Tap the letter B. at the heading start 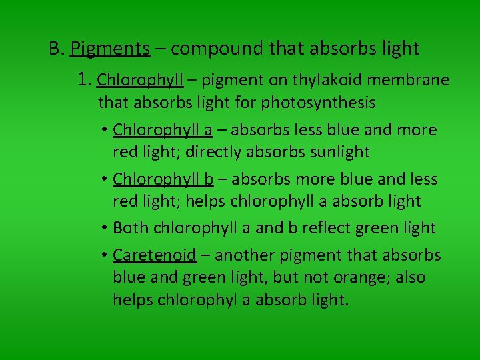tap(56, 49)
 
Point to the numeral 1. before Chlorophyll tap(85, 81)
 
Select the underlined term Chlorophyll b tap(163, 179)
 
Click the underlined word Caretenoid tap(155, 255)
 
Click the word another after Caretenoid tap(248, 255)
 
